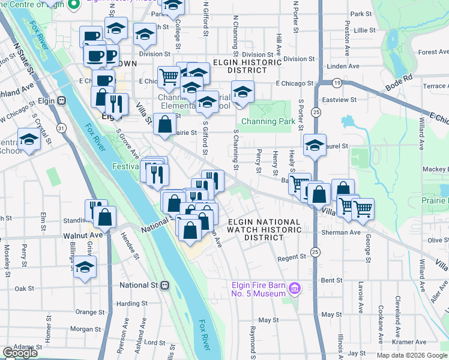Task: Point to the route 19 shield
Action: pyautogui.click(x=338, y=82)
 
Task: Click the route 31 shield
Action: pyautogui.click(x=61, y=128)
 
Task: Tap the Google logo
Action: pyautogui.click(x=20, y=353)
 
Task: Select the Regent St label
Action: pyautogui.click(x=292, y=258)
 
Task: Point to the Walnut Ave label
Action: pyautogui.click(x=77, y=236)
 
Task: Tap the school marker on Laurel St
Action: pyautogui.click(x=315, y=145)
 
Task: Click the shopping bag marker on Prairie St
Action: pyautogui.click(x=164, y=124)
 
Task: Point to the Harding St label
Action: pyautogui.click(x=128, y=304)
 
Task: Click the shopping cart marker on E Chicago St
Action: pyautogui.click(x=169, y=77)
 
